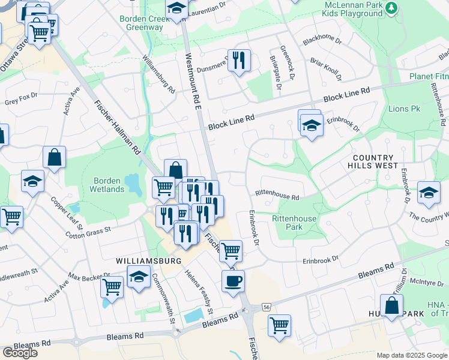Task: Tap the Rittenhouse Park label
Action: tap(294, 223)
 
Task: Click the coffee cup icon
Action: tap(233, 280)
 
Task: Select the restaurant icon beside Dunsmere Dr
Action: tap(239, 60)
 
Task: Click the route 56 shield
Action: tap(266, 307)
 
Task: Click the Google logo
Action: tap(19, 353)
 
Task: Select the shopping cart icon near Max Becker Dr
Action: tap(112, 287)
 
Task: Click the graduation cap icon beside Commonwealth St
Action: tap(139, 277)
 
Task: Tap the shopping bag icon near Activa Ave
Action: tap(54, 158)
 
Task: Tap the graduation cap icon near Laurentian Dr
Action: tap(176, 8)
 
